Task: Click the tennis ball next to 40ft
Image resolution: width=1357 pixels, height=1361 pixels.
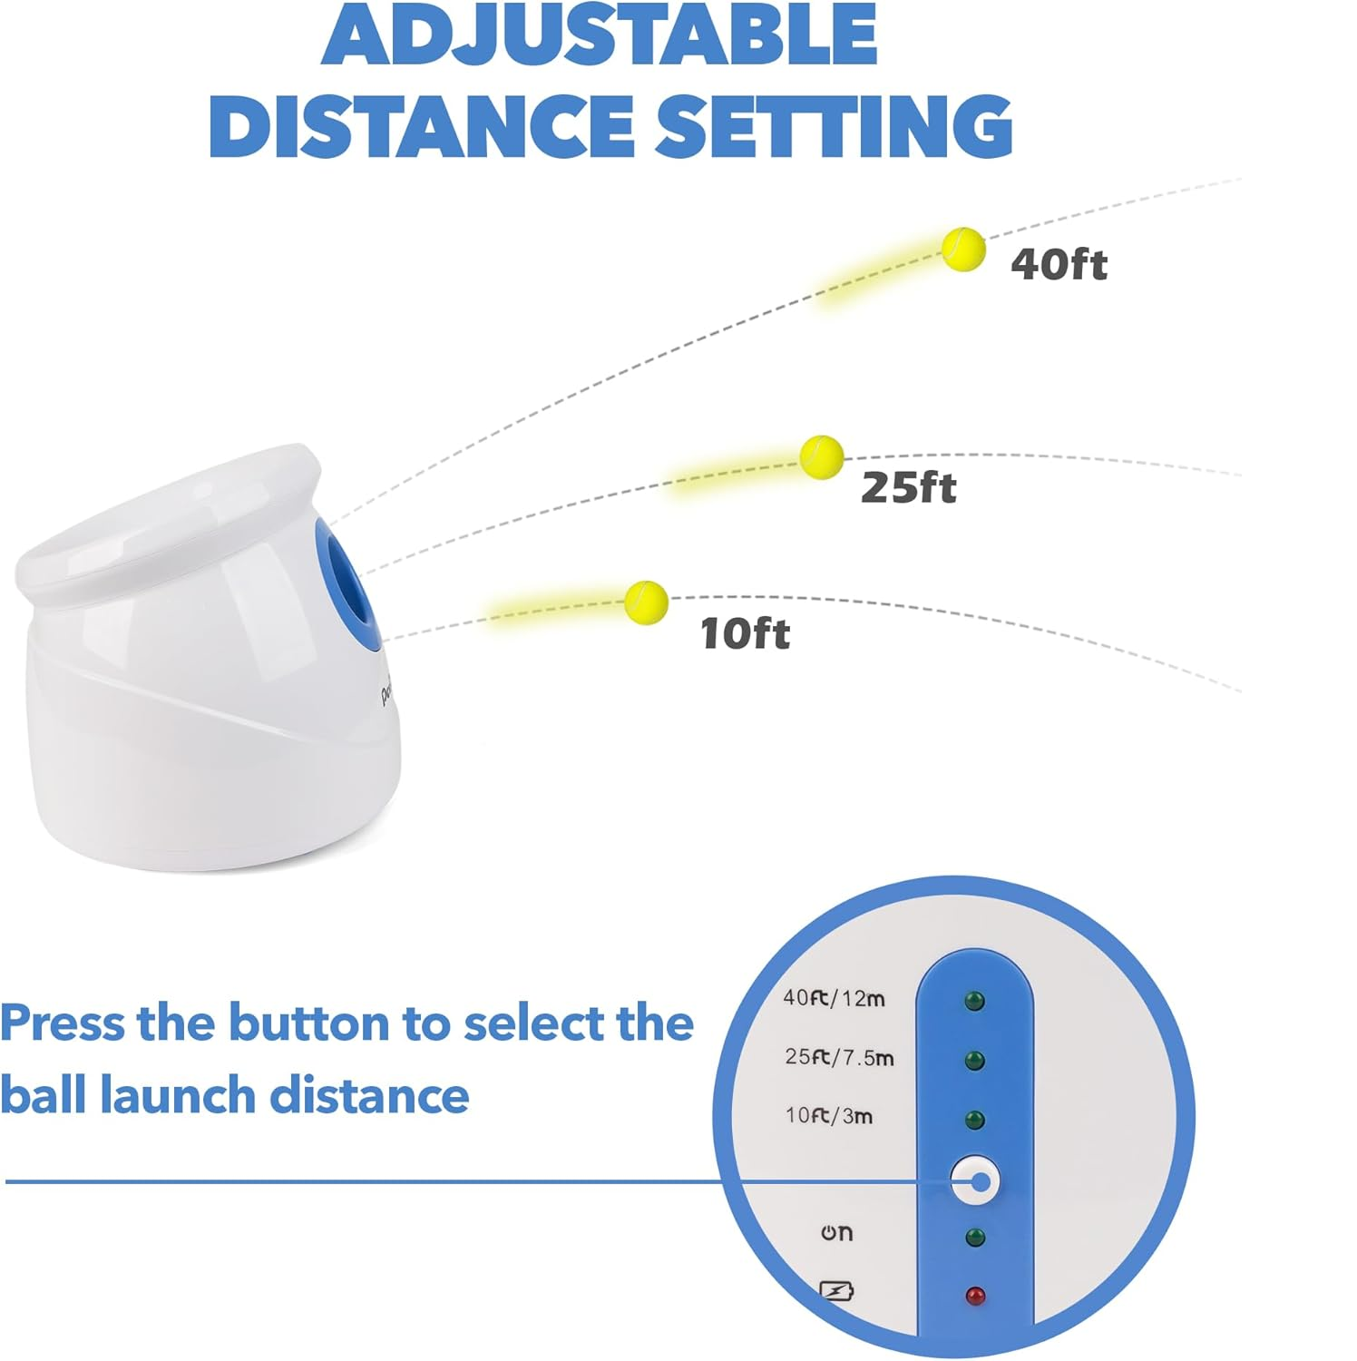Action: pyautogui.click(x=963, y=250)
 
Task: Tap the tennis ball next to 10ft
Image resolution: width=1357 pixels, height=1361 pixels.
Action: pyautogui.click(x=647, y=602)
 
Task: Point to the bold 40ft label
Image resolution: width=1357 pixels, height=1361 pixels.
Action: pyautogui.click(x=1059, y=264)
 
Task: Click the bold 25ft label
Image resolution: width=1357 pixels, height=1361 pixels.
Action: pyautogui.click(x=908, y=487)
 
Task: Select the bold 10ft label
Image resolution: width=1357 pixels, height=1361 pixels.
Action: pyautogui.click(x=745, y=632)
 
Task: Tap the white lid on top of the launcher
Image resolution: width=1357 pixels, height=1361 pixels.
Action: pyautogui.click(x=168, y=524)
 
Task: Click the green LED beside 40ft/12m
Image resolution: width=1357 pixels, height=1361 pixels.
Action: pyautogui.click(x=975, y=1002)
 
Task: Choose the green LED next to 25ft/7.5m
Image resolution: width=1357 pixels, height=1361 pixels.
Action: pyautogui.click(x=975, y=1061)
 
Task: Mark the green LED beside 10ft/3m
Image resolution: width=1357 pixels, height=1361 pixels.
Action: pyautogui.click(x=975, y=1121)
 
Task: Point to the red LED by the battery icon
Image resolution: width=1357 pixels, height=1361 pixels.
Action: pyautogui.click(x=975, y=1296)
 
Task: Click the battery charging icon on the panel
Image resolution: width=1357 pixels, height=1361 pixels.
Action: pyautogui.click(x=836, y=1290)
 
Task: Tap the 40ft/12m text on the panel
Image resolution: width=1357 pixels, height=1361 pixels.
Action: pyautogui.click(x=834, y=998)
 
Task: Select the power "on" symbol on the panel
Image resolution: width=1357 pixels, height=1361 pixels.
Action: pyautogui.click(x=836, y=1232)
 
